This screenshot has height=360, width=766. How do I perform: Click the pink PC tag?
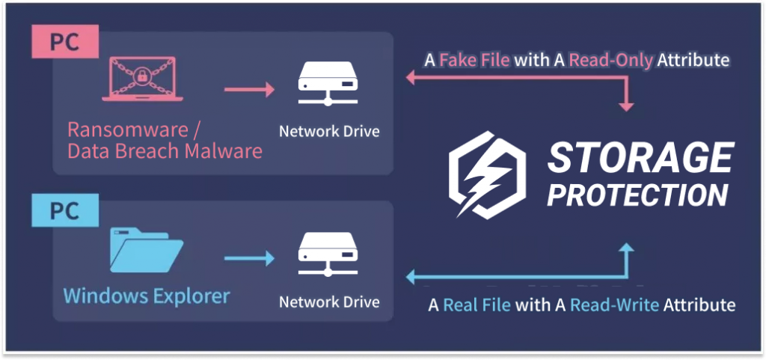[66, 42]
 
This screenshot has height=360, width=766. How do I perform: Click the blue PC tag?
[66, 210]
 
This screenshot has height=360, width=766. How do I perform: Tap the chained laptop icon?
[142, 79]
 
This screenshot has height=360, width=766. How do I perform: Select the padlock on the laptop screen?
[143, 75]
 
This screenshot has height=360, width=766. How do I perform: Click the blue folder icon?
[147, 249]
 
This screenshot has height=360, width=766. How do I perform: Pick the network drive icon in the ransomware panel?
[328, 84]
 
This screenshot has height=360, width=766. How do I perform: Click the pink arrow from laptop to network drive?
[249, 89]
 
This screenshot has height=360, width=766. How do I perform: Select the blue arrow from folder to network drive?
[249, 258]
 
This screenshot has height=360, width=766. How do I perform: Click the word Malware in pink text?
[223, 151]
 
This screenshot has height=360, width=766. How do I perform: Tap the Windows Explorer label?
[147, 296]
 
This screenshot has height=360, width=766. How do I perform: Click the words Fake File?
[475, 61]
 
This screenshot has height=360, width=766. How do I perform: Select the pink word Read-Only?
[611, 61]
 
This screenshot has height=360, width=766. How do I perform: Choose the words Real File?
[477, 305]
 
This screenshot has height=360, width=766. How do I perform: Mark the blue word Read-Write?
[615, 305]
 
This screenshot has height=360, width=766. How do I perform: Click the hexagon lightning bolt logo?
[487, 174]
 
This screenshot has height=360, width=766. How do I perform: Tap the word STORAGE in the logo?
[640, 158]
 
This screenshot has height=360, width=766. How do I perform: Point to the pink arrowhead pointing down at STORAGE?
[626, 107]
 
